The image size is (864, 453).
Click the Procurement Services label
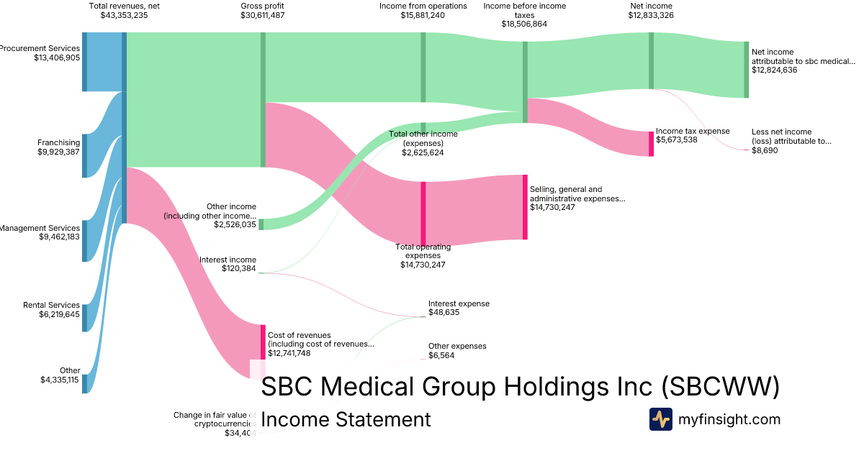point(40,48)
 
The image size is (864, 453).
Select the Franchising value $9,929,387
point(58,152)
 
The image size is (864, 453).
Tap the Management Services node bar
point(84,241)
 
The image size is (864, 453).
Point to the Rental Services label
point(51,306)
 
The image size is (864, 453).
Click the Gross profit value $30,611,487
point(262,15)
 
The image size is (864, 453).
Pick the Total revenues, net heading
point(124,6)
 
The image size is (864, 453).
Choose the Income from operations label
point(423,6)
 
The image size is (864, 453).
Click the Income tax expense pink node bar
point(651,143)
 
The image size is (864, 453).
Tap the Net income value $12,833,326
point(651,15)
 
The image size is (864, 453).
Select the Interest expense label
point(459,303)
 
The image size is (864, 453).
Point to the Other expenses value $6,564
point(441,355)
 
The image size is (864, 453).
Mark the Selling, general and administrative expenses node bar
point(525,207)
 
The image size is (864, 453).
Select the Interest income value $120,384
point(239,269)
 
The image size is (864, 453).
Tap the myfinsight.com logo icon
point(660,419)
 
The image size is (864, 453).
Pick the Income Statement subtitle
point(346,420)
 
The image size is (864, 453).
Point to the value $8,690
point(765,150)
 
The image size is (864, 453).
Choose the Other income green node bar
point(261,224)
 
